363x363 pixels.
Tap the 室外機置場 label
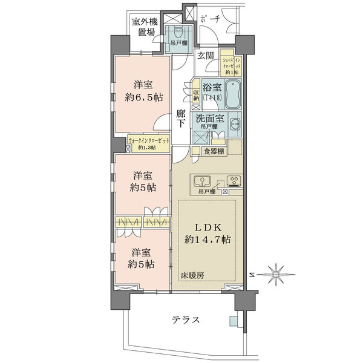145,28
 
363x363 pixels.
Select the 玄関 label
205,56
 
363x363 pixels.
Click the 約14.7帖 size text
209,240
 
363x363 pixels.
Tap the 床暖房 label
192,275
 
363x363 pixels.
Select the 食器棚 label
214,151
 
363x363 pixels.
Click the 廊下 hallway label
181,118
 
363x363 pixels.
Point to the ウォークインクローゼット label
150,140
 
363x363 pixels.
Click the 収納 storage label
197,96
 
